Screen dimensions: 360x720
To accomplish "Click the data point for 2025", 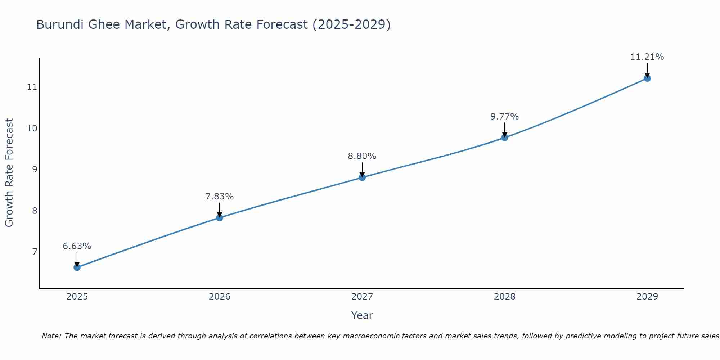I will (x=77, y=267).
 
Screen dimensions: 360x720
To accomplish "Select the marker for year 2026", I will (x=220, y=217).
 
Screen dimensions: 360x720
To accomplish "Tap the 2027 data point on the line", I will (x=362, y=177).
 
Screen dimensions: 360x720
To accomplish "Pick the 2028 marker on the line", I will (x=505, y=138).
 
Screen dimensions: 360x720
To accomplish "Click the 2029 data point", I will (x=647, y=78).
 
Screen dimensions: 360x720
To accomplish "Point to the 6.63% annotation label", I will (x=77, y=246).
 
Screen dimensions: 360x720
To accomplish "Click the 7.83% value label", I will (x=220, y=197).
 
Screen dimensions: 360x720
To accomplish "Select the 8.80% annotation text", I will (x=362, y=156).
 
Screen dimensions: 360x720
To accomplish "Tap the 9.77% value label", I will (x=505, y=117).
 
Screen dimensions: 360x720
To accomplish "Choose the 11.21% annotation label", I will (x=647, y=57).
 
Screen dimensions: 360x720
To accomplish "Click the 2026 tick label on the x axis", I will (x=220, y=297).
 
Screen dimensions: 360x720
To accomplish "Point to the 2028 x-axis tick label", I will (x=505, y=297).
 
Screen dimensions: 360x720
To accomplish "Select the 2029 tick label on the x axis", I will (x=647, y=297).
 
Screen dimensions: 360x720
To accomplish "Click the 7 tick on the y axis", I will (x=35, y=252).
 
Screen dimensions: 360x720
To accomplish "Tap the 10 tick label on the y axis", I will (x=32, y=128).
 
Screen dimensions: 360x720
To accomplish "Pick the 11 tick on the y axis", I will (x=32, y=87).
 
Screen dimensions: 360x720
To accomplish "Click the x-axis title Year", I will (x=362, y=315).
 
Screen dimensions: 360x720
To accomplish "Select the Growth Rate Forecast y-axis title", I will (x=9, y=173).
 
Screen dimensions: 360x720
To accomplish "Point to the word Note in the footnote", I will (x=51, y=336).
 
